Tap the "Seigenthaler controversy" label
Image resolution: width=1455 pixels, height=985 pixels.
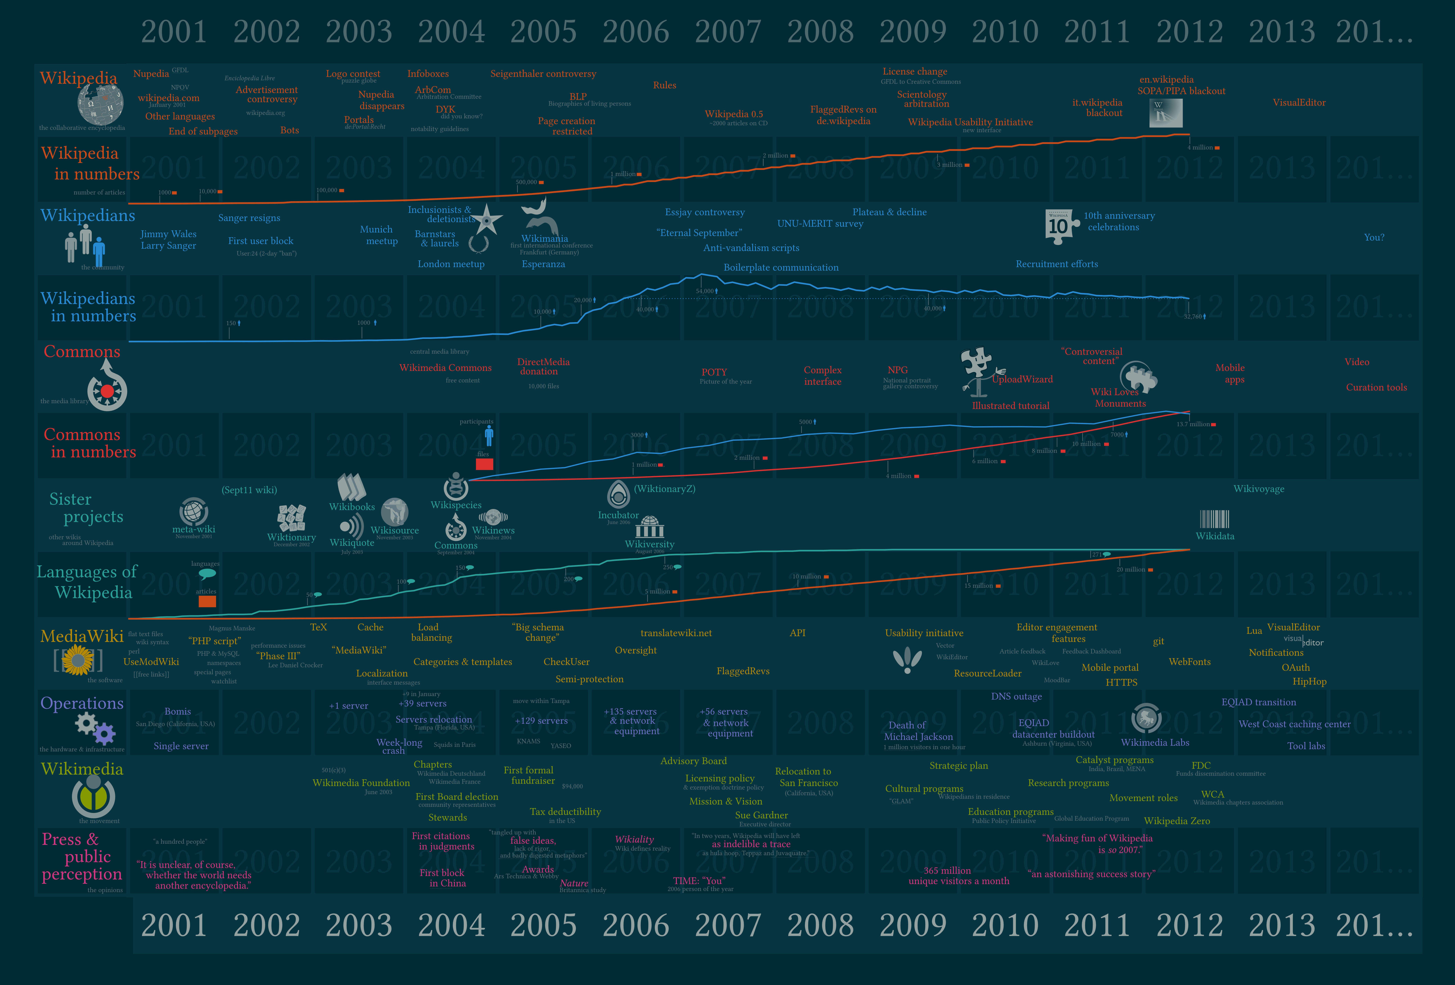(x=543, y=74)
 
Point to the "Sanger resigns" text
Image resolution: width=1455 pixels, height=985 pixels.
(x=249, y=218)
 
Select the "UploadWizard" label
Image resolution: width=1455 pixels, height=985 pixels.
(x=1022, y=379)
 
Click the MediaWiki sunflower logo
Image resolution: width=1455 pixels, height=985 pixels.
(x=78, y=660)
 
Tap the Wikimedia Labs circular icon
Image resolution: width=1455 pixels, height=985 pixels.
(x=1146, y=718)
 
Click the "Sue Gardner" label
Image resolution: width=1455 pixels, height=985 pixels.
(x=761, y=815)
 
